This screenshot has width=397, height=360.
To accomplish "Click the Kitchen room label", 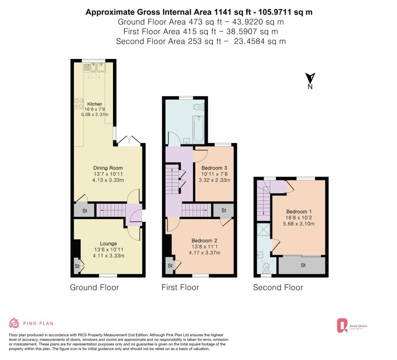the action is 95,104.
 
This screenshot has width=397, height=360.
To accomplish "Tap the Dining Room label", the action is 108,168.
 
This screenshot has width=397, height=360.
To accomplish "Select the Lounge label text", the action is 109,244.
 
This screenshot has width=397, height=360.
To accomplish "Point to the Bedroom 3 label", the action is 214,168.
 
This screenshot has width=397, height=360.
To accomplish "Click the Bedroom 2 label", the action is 204,241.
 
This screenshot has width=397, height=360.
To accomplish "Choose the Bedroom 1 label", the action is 299,211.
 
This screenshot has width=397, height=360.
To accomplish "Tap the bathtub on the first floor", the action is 198,129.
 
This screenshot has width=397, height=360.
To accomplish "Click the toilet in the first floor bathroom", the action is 198,107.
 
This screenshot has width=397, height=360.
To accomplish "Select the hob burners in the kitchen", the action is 78,104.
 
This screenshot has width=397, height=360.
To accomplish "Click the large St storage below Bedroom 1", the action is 302,265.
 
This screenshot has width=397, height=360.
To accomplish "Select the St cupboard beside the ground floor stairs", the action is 85,210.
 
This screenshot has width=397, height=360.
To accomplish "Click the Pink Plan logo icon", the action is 14,323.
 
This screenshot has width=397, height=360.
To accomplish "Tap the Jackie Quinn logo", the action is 352,325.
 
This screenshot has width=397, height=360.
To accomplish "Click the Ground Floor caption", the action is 94,287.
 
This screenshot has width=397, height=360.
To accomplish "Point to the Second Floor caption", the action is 278,287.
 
